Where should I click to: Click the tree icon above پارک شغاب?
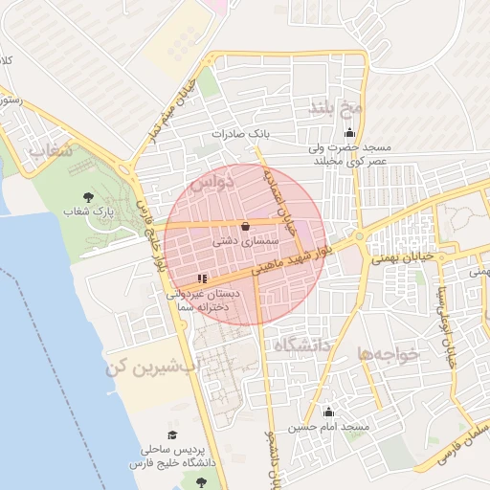tap(89, 196)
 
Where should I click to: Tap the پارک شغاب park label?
tap(89, 210)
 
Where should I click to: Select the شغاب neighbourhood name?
tap(50, 151)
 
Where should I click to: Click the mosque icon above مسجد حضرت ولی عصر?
tap(350, 133)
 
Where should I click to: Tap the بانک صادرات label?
tap(236, 134)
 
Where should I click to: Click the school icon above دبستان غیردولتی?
tap(201, 278)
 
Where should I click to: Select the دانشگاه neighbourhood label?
tap(301, 344)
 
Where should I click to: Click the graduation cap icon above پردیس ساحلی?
tap(173, 434)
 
